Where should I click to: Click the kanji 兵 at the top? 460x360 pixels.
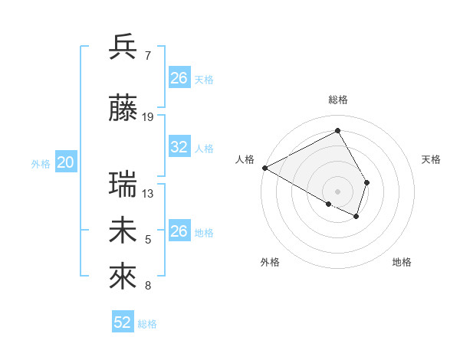pos(123,47)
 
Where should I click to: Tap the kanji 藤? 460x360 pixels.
pos(123,108)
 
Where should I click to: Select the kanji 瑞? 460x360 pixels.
pos(123,185)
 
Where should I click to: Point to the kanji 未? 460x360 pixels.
pos(123,231)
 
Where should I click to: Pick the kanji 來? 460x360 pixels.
pos(123,277)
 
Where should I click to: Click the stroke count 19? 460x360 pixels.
pos(148,117)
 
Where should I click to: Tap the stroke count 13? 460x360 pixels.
pos(148,194)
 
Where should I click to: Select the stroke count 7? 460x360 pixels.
pos(147,56)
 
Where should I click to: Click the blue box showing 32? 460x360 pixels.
pos(179,147)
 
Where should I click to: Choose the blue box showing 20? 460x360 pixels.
pos(66,162)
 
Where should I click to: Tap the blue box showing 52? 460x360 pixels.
pos(123,322)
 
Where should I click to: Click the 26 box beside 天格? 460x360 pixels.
pos(179,78)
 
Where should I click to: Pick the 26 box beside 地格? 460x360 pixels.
pos(179,231)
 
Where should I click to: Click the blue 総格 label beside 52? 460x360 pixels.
pos(147,324)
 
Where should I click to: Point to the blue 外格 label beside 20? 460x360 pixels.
pos(41,163)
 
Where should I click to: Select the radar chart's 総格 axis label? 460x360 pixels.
pos(338,100)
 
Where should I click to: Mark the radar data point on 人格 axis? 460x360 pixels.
pos(264,167)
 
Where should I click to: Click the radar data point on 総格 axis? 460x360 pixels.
pos(338,130)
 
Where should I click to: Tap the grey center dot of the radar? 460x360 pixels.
pos(338,191)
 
